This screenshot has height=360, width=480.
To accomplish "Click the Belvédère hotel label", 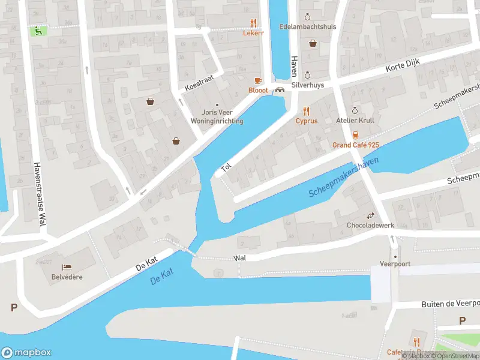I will tap(67, 277).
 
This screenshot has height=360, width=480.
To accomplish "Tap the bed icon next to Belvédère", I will tap(67, 266).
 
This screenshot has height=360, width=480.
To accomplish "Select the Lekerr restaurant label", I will tap(253, 33).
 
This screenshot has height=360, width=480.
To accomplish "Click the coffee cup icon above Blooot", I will tap(258, 80).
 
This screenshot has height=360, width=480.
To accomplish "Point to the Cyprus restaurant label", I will tap(306, 120).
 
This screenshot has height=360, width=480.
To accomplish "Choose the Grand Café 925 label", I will tap(356, 145).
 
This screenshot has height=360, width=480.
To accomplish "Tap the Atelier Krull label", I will tap(355, 120).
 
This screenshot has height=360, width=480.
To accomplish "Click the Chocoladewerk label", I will tap(370, 226).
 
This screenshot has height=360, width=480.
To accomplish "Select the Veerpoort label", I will tap(394, 263).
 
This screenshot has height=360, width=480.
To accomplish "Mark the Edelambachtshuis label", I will tap(307, 27).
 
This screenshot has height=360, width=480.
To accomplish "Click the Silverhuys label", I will tap(307, 85).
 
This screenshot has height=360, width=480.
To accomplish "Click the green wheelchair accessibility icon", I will tap(38, 30).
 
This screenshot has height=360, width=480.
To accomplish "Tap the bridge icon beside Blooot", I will tap(280, 90).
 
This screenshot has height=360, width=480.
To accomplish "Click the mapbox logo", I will tap(26, 353).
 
